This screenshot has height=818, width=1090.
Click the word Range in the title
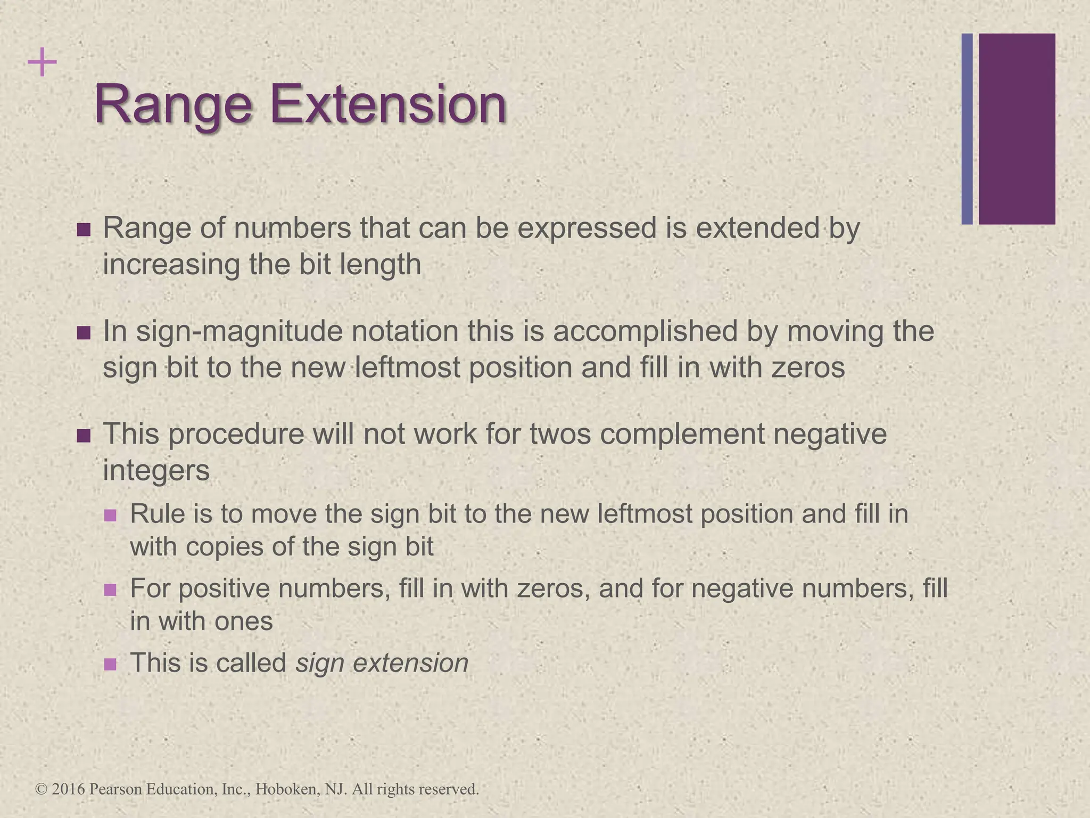(172, 105)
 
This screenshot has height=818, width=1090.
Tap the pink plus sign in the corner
(42, 63)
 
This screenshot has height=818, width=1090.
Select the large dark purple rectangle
(1017, 129)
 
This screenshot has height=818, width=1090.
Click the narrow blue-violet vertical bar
(967, 129)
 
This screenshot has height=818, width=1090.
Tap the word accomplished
(645, 331)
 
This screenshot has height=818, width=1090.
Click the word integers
(156, 470)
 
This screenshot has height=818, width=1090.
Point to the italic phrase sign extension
(382, 663)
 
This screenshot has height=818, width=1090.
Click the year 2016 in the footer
(69, 789)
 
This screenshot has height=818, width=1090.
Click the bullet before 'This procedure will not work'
(84, 436)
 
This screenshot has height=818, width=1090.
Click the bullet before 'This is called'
(110, 664)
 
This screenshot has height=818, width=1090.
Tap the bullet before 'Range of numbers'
(84, 230)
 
